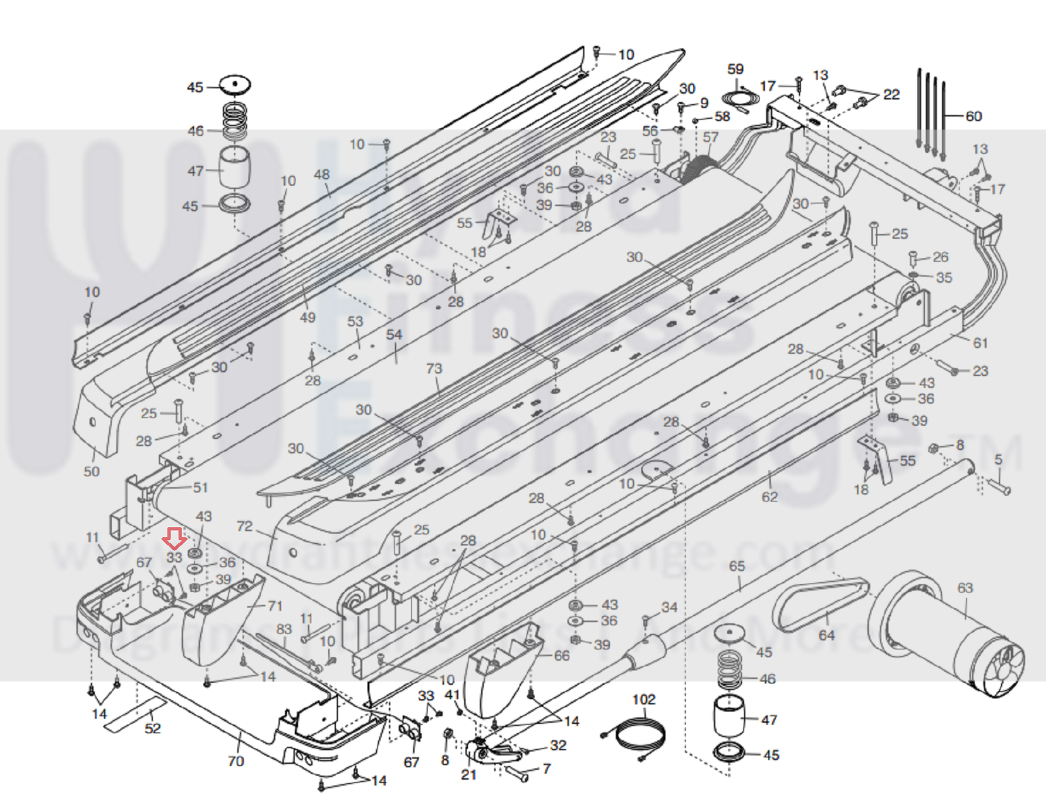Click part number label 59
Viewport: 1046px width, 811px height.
735,69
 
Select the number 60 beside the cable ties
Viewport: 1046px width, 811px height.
973,116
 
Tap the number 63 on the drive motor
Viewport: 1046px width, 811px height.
965,588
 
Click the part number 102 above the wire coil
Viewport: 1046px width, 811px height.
644,699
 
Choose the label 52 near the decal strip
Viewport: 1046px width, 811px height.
152,728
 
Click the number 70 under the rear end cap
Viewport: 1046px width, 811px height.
235,761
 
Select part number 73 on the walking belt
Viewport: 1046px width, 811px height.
434,369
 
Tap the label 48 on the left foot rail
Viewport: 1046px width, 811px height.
321,174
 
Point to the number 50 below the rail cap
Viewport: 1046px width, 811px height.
92,471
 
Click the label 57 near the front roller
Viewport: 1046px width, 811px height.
710,137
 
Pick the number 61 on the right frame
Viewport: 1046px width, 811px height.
980,342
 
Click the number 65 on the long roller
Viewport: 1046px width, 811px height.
737,566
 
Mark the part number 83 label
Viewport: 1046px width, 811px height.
284,629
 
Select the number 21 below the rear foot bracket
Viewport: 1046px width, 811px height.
468,774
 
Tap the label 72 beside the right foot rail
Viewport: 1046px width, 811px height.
244,526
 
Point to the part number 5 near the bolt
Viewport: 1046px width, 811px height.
998,460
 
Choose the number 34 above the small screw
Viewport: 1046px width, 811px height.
669,607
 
